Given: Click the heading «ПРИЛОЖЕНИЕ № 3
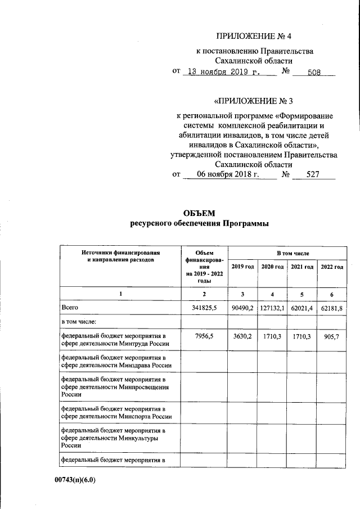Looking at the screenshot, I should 254,102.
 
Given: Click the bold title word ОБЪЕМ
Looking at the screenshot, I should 199,213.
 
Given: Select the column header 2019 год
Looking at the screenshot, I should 242,267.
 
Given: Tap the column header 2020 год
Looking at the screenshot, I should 272,267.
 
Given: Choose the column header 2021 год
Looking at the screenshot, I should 302,267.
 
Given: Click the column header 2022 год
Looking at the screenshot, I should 332,267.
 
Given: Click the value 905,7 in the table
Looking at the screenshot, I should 332,336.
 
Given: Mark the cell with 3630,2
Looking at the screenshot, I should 242,336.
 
